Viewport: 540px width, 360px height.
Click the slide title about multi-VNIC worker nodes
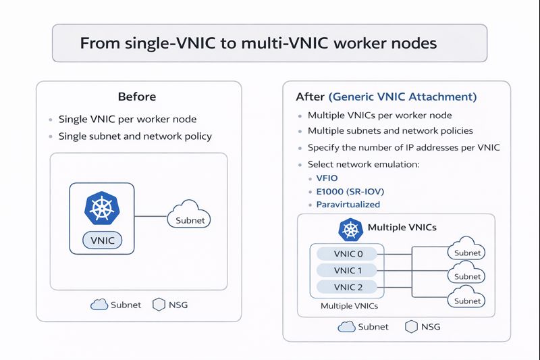tap(259, 43)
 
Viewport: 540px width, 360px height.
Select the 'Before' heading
tap(136, 97)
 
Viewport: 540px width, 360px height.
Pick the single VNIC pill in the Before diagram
tap(103, 240)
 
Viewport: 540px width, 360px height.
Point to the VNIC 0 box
tap(348, 254)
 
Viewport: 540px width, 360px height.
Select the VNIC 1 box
tap(348, 270)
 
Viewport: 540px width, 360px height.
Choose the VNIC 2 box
tap(348, 287)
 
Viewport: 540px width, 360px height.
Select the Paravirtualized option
tap(348, 204)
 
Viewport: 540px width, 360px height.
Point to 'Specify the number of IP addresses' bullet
tap(403, 147)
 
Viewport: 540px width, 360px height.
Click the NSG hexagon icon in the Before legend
tap(159, 305)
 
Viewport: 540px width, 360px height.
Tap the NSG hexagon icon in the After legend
tap(410, 326)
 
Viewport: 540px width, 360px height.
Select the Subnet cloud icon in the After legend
tap(346, 326)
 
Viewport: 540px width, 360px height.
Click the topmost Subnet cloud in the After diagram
tap(467, 249)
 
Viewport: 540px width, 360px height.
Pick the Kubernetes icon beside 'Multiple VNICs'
tap(350, 229)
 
